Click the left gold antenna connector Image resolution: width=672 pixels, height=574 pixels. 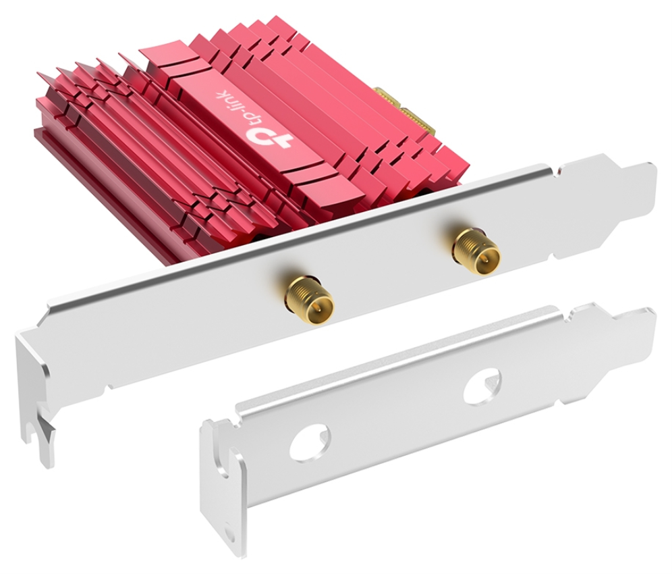click(309, 298)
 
